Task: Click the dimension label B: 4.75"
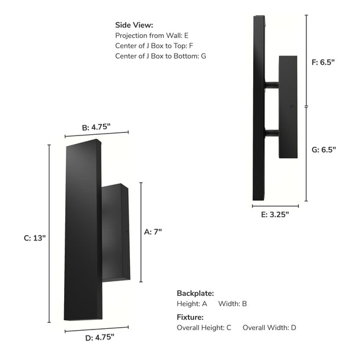click(96, 128)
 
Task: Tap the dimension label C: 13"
click(33, 239)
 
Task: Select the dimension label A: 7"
click(153, 232)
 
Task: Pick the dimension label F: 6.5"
click(323, 62)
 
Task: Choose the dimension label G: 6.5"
click(323, 149)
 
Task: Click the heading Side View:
click(134, 25)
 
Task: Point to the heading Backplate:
click(195, 293)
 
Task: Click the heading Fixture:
click(190, 317)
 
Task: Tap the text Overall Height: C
click(204, 328)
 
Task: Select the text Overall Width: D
click(269, 328)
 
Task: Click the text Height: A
click(192, 303)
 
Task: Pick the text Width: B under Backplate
click(232, 303)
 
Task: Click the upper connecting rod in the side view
click(272, 85)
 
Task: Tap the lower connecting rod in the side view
click(272, 132)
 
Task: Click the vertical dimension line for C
click(50, 238)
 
